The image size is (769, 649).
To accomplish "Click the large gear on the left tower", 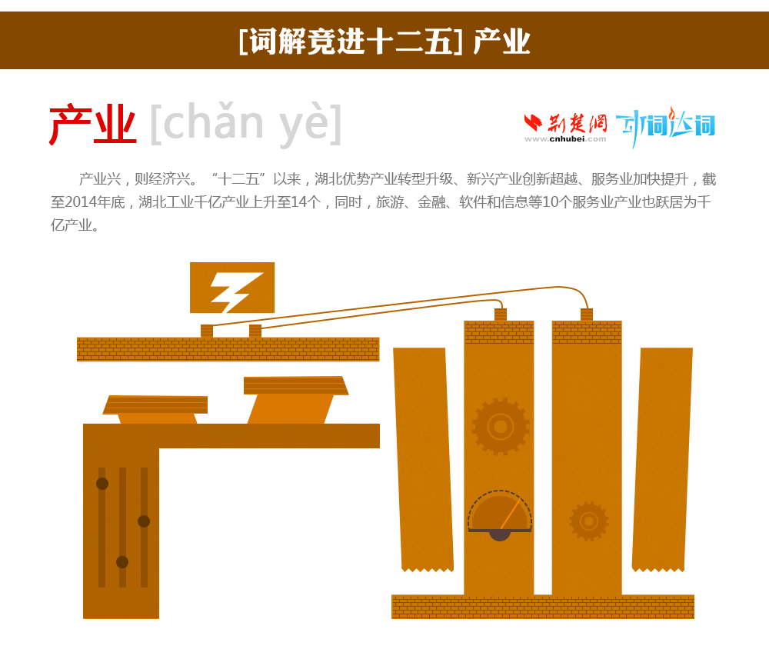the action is coord(501,426).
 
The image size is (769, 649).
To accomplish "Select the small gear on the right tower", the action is coord(588,521).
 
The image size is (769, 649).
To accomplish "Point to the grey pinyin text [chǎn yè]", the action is coord(246,124).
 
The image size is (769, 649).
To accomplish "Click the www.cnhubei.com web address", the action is coord(565,139).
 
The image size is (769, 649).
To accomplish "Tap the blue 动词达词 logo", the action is coord(665,126).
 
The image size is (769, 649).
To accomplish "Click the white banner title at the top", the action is coord(384,42).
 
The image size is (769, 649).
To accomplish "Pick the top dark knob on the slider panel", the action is coord(102,484).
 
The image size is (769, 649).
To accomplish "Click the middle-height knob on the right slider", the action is coord(144,521).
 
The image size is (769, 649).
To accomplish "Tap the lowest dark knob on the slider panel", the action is coord(122,562).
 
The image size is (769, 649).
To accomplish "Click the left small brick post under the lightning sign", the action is coord(207,331).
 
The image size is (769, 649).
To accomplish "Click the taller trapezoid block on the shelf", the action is coord(296,400).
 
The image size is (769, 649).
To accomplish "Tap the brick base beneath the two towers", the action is coord(542,607).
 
